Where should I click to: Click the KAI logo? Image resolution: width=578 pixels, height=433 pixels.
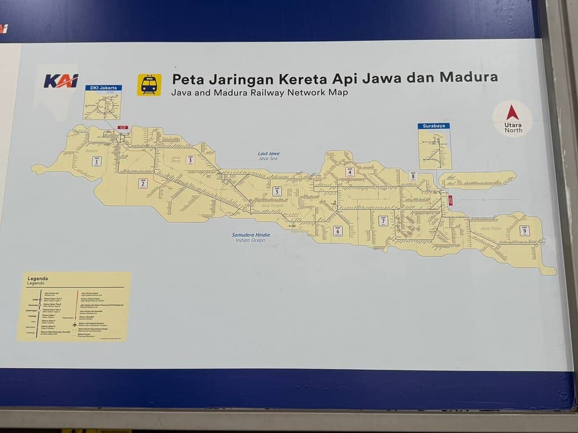pyautogui.click(x=60, y=81)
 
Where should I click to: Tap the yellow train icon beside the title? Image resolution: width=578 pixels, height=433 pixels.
pyautogui.click(x=149, y=85)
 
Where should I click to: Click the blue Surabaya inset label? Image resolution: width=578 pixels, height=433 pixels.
pyautogui.click(x=433, y=126)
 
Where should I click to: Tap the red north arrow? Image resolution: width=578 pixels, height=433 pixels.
pyautogui.click(x=513, y=112)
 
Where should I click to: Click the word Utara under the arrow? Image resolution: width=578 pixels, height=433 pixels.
pyautogui.click(x=513, y=123)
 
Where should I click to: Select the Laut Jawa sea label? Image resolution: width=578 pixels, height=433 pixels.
pyautogui.click(x=269, y=153)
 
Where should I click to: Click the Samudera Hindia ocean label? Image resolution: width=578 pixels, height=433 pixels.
pyautogui.click(x=251, y=235)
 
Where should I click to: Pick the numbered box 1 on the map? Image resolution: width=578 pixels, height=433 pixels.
pyautogui.click(x=97, y=161)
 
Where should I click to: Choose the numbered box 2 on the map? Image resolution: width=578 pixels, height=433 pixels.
pyautogui.click(x=143, y=183)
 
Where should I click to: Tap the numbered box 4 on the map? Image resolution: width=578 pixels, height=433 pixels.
pyautogui.click(x=350, y=172)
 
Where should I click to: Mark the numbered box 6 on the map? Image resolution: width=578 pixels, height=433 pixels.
pyautogui.click(x=338, y=231)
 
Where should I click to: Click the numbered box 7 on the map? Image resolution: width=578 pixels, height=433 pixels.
pyautogui.click(x=383, y=220)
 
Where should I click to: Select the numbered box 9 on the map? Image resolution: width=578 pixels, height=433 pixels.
pyautogui.click(x=524, y=230)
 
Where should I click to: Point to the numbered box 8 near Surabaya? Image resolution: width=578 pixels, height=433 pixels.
pyautogui.click(x=413, y=176)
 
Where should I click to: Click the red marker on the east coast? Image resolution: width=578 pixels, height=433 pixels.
pyautogui.click(x=450, y=200)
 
